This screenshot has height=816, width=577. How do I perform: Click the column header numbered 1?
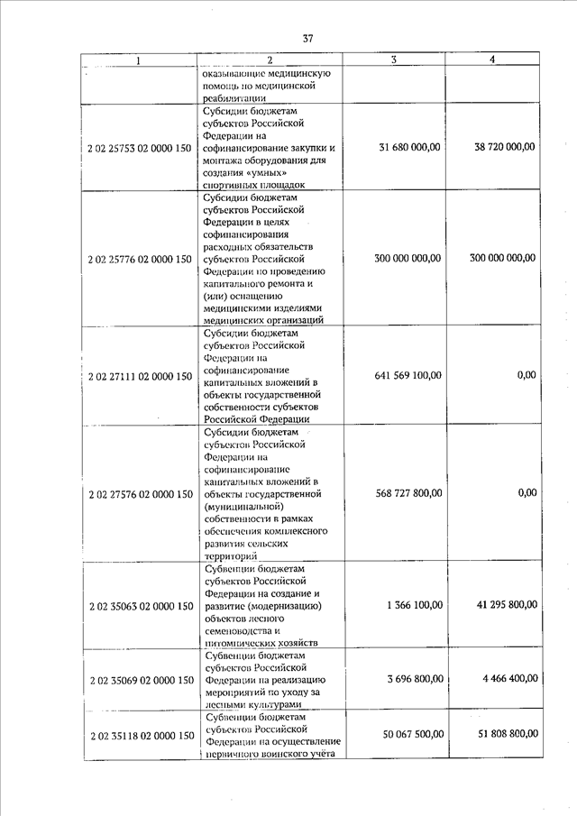138,60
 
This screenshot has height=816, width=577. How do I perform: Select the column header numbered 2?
269,60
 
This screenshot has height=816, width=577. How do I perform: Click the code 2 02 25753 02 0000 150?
140,147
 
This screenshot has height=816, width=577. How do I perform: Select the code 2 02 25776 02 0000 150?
140,259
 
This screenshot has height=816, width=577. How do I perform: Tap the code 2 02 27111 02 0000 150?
140,375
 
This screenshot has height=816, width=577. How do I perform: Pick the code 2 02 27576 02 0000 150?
140,494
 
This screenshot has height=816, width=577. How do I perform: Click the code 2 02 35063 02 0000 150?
140,605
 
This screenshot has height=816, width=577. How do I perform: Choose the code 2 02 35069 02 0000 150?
140,679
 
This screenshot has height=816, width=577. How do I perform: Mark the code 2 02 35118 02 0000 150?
140,736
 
